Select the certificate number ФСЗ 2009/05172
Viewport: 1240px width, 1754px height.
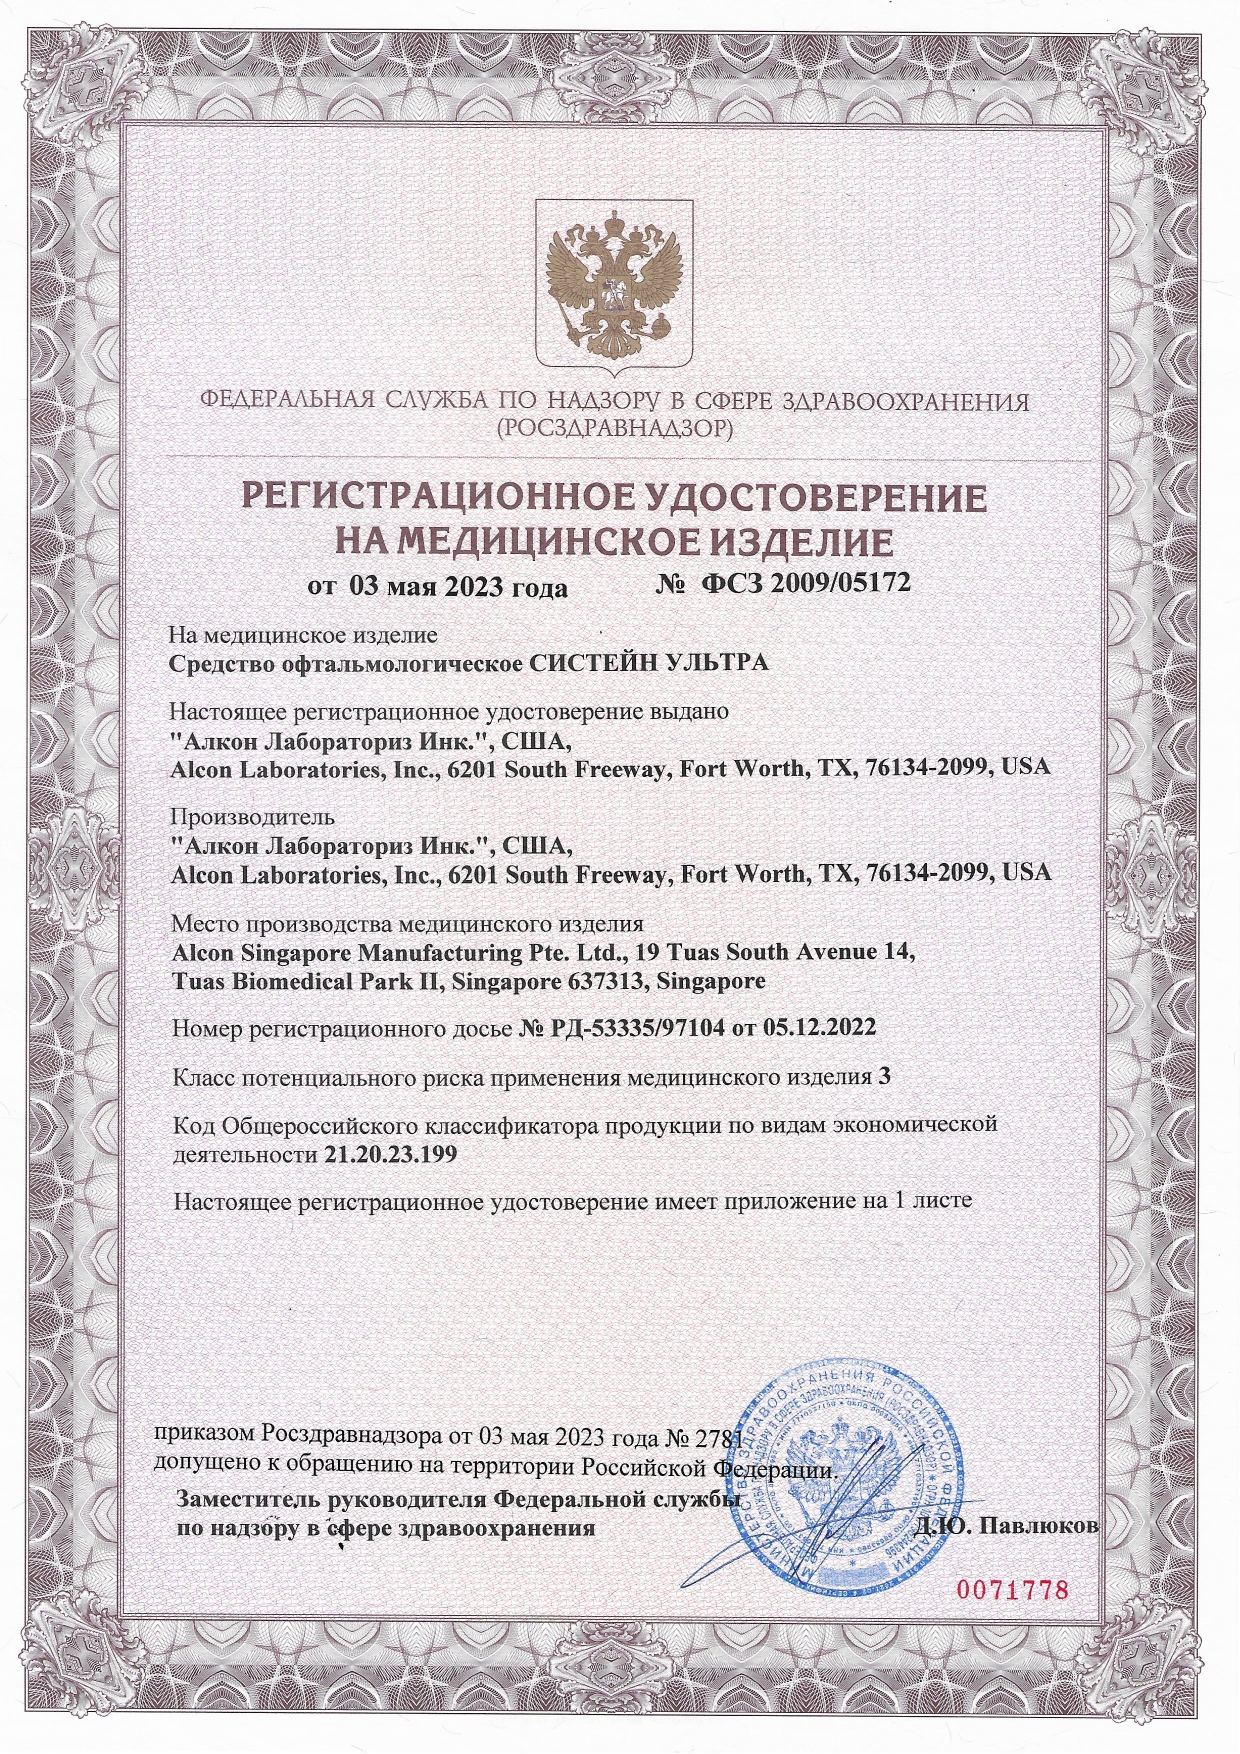coord(807,583)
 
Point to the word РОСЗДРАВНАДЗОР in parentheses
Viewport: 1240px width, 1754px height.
coord(614,430)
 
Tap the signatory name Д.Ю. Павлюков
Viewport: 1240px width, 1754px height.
coord(1007,1526)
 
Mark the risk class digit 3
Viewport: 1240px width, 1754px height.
coord(883,1076)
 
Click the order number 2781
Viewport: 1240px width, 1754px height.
coord(719,1438)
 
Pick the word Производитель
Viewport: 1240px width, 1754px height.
coord(252,817)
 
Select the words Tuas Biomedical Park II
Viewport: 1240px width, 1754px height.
coord(307,981)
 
